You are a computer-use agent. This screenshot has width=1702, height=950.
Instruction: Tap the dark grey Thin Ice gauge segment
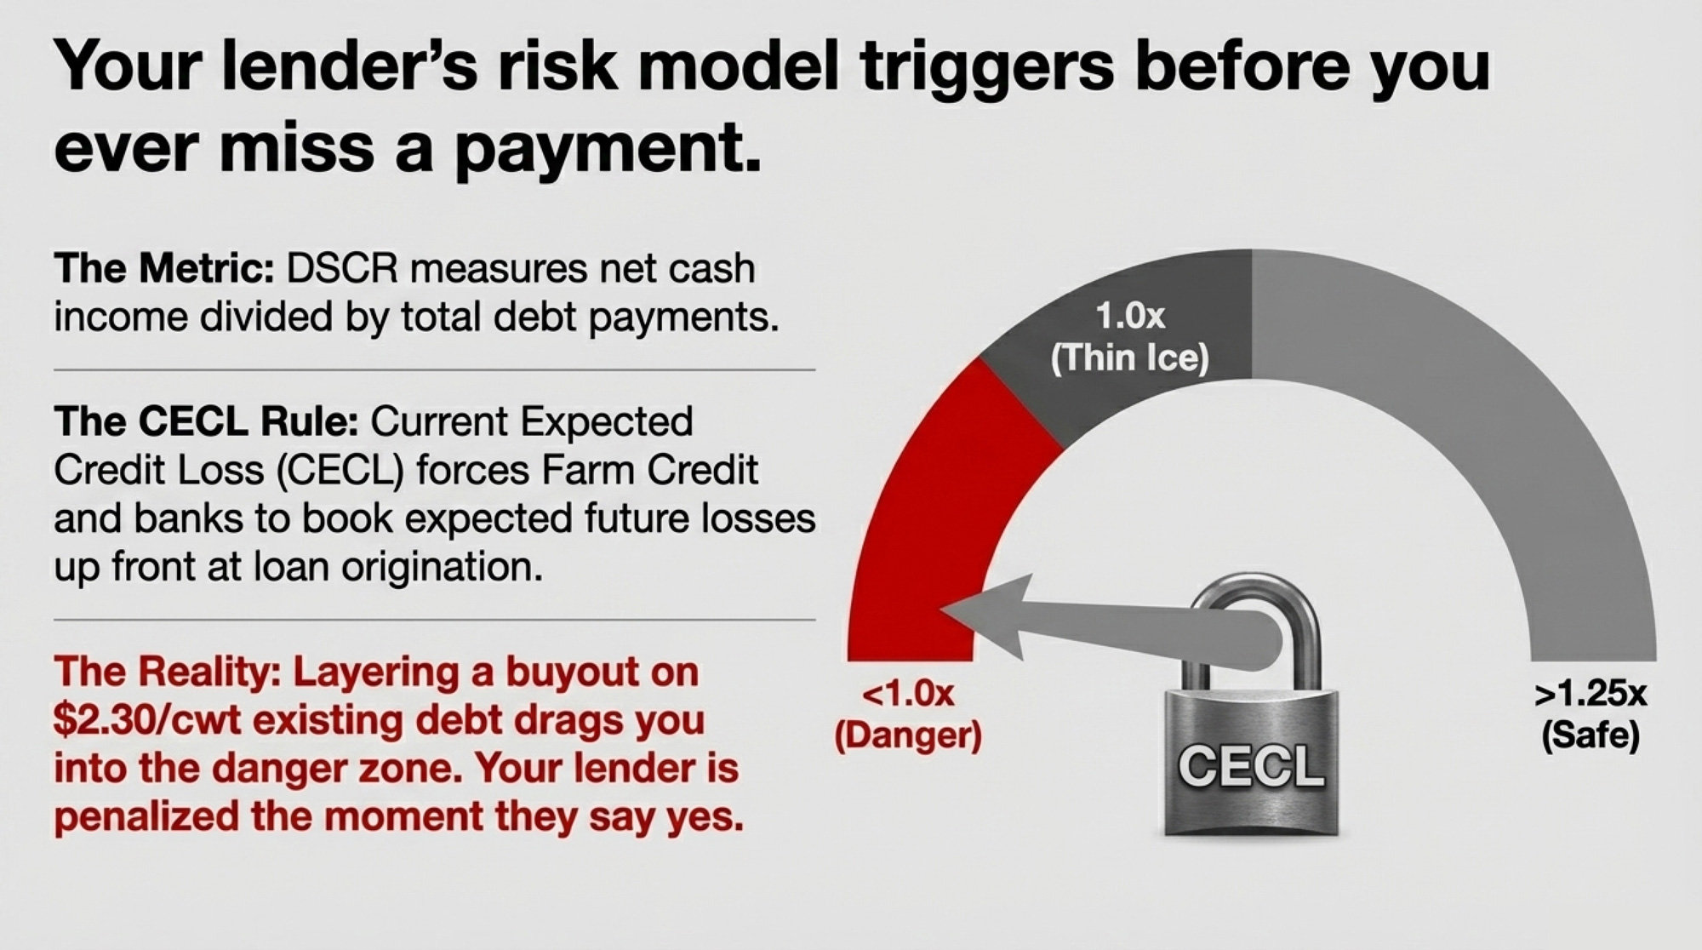[1132, 341]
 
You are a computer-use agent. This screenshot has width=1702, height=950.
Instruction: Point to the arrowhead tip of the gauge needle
[940, 608]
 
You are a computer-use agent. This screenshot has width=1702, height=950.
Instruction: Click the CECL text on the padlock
[1251, 766]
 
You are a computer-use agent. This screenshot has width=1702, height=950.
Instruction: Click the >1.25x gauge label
[1591, 695]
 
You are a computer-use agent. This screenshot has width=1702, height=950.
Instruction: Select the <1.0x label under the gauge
[908, 693]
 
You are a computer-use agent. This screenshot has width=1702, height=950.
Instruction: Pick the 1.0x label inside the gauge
[1130, 317]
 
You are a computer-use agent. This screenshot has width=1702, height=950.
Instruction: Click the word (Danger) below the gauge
[908, 735]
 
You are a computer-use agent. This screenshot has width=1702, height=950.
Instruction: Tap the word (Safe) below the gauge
[1591, 735]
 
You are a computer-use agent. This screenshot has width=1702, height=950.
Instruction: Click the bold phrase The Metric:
[163, 269]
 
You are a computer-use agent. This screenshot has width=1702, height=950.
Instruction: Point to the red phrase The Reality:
[167, 672]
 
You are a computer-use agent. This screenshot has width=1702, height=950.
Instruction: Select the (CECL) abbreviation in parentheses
[340, 471]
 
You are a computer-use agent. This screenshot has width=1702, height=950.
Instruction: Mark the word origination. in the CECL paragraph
[443, 567]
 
